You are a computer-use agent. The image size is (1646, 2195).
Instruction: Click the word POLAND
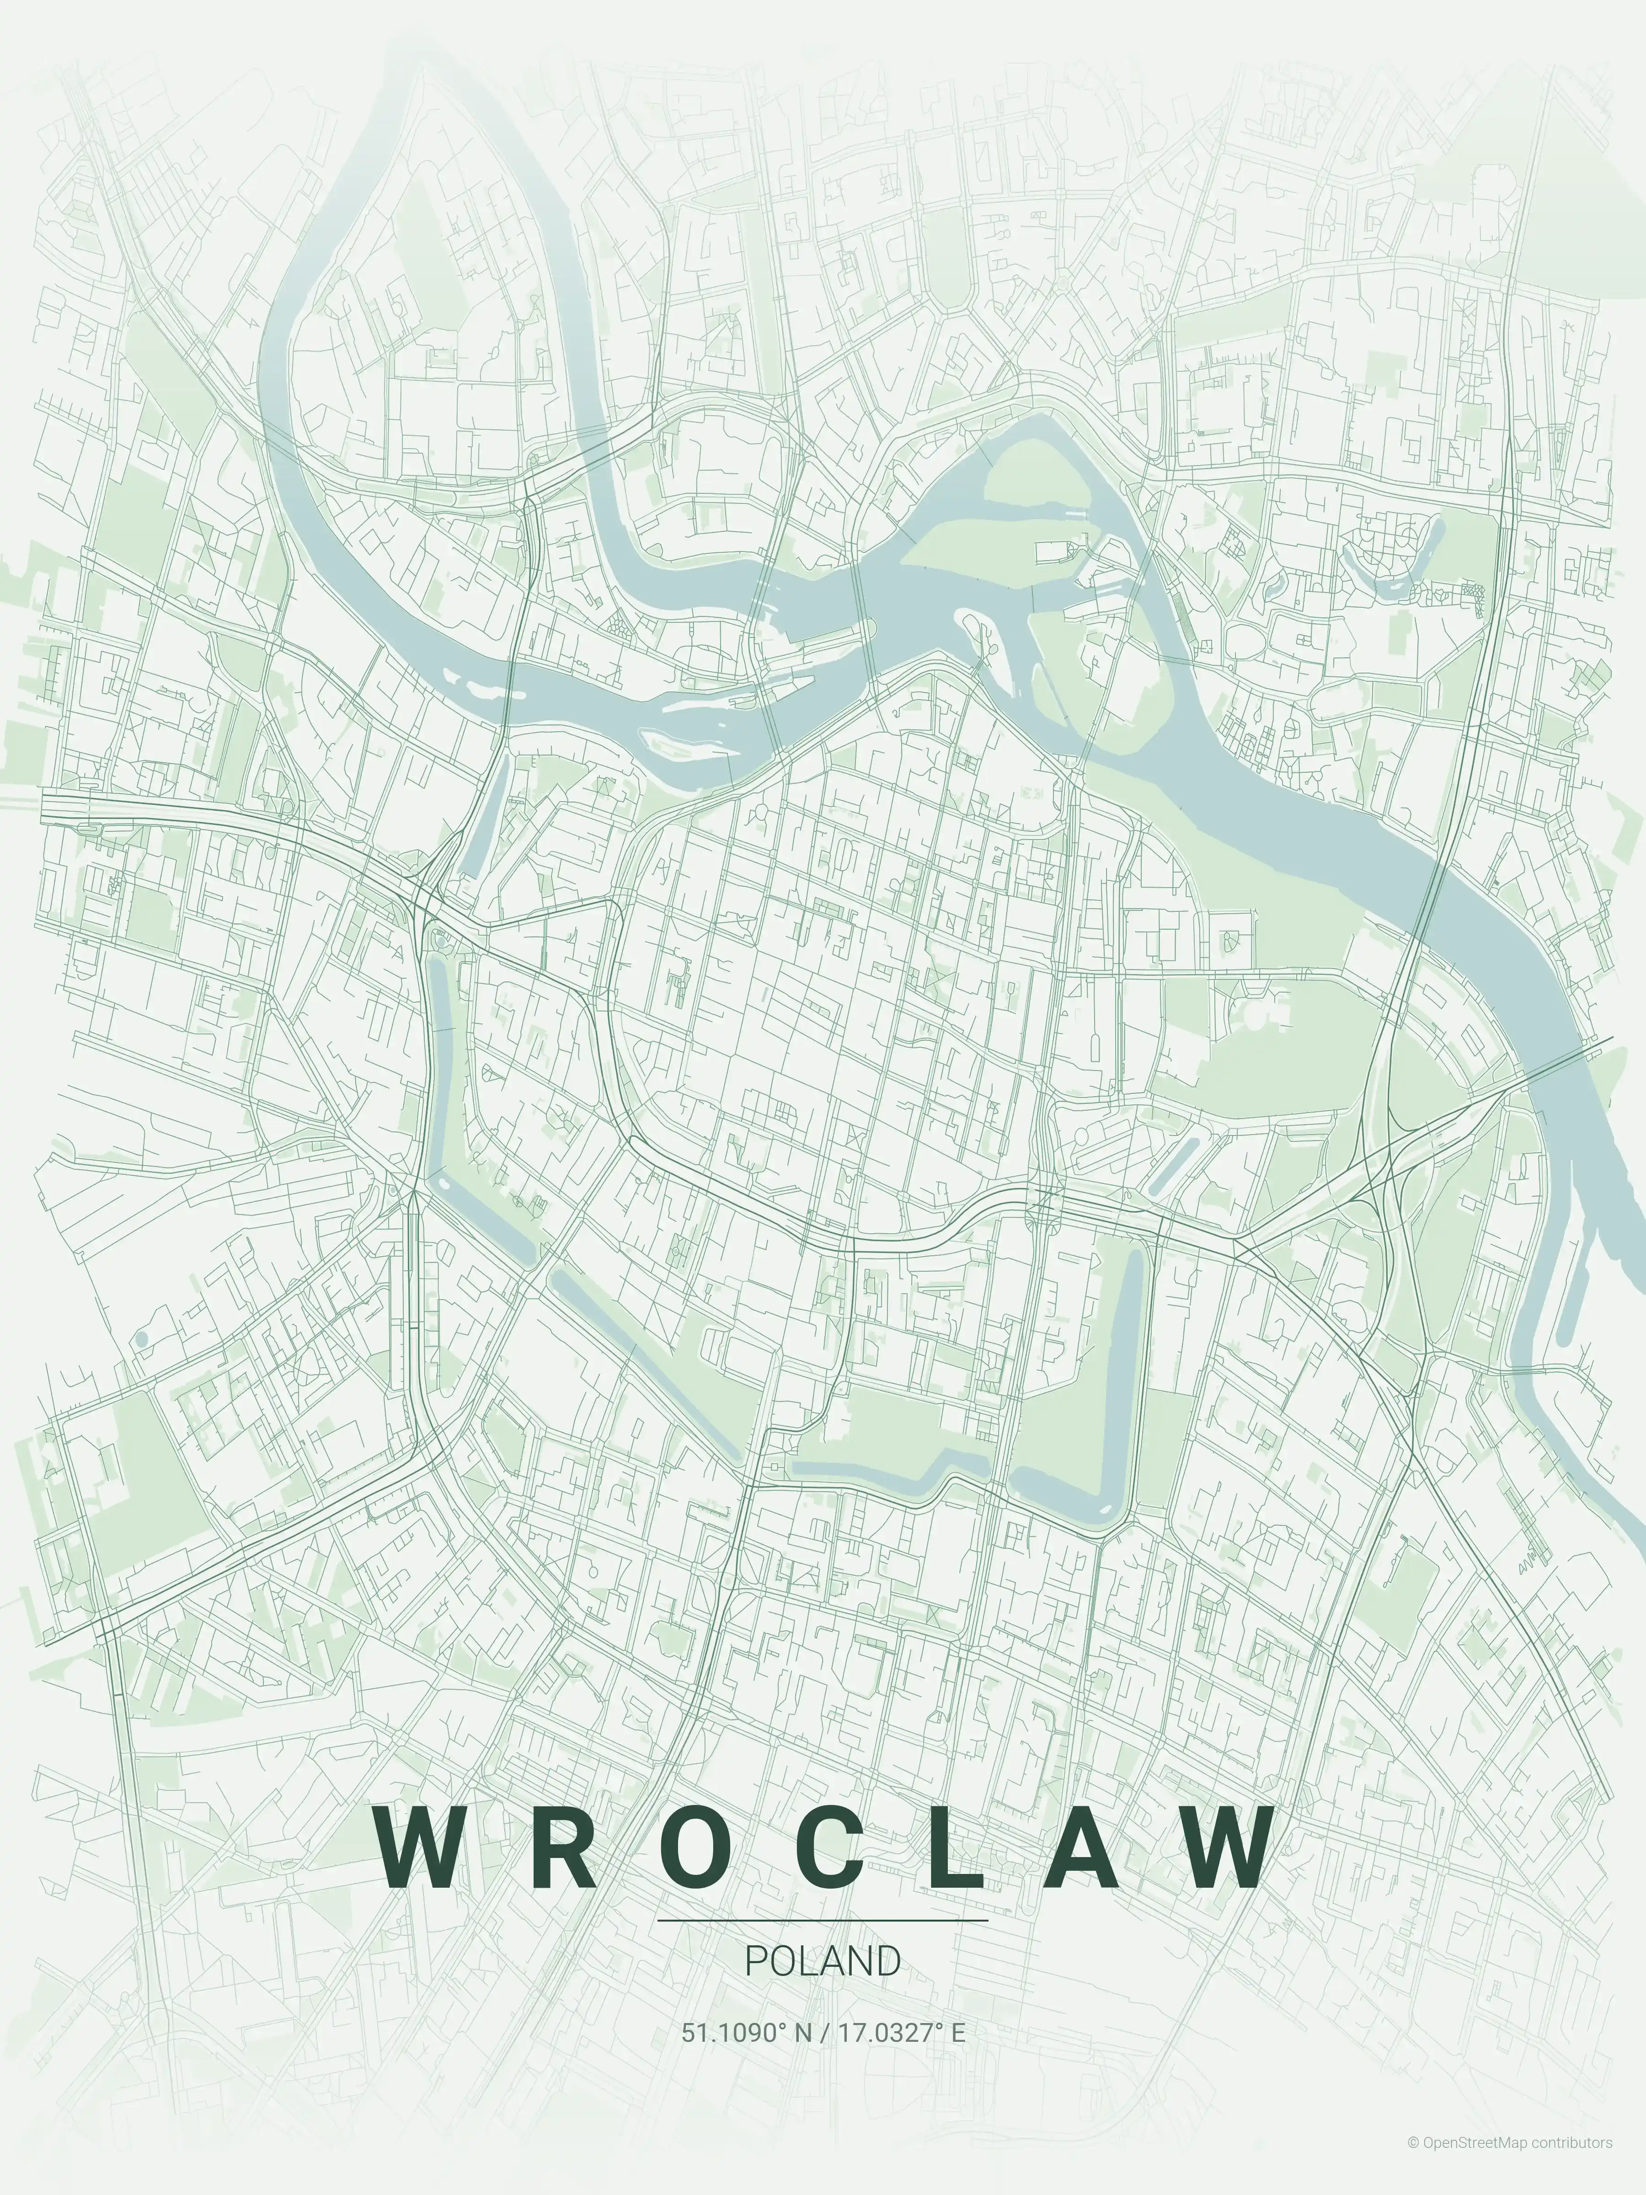pyautogui.click(x=823, y=1960)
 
